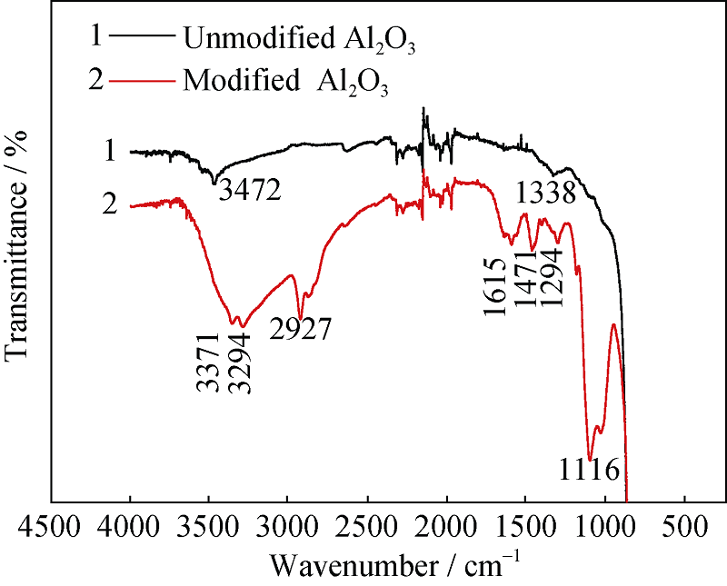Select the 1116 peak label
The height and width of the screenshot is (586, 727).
coord(589,470)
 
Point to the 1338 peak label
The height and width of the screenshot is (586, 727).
coord(545,194)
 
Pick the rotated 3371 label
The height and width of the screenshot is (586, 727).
coord(208,363)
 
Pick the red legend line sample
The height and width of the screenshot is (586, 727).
coord(141,80)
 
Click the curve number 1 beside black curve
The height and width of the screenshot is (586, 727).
coord(110,151)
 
